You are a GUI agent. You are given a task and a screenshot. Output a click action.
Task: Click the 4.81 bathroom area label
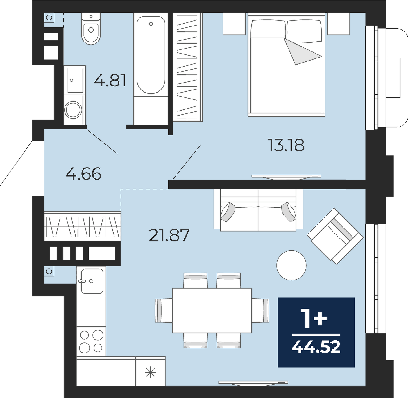point(110,80)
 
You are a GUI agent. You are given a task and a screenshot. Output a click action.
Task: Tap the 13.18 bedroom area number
point(286,145)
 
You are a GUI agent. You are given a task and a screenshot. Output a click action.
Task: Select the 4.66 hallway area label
point(83,174)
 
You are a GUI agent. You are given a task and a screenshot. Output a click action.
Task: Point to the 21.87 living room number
point(169,235)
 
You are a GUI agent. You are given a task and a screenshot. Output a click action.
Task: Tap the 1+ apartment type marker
point(314,318)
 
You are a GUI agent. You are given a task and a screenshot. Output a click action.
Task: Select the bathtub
point(151,55)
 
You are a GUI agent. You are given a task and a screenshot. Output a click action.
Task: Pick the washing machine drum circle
point(73,110)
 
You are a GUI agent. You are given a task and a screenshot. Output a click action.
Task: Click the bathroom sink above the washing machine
point(75,80)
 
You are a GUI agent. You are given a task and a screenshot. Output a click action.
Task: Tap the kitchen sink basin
point(92,281)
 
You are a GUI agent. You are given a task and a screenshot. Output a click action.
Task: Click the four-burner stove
point(91,341)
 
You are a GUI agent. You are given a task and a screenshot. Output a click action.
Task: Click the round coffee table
point(291,265)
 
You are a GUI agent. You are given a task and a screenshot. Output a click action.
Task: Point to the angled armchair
point(335,236)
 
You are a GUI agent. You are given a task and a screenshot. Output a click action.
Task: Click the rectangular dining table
point(212,310)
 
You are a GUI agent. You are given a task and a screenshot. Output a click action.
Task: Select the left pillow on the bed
point(268,29)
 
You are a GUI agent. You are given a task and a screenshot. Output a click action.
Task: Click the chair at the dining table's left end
point(164,310)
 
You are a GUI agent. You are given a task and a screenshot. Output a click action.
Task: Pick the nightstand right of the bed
point(339,24)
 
